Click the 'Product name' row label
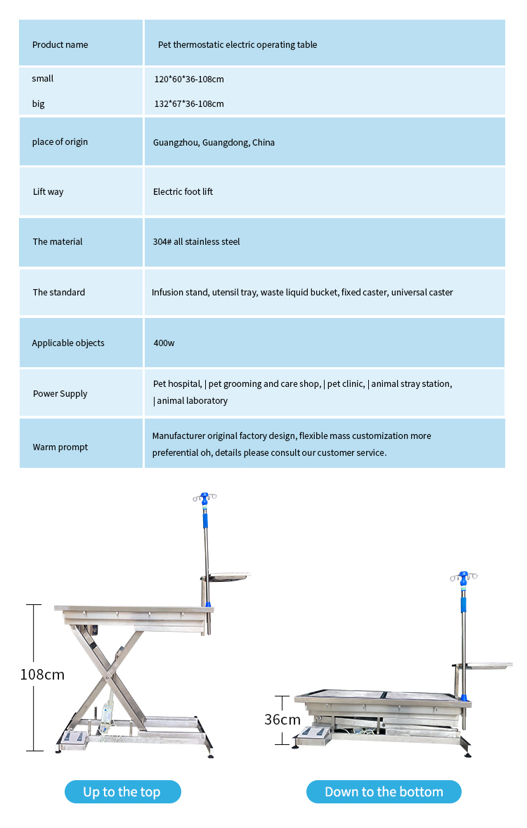click(60, 45)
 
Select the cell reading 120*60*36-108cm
click(189, 79)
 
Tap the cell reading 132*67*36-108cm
click(189, 104)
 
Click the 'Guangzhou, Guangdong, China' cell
click(214, 143)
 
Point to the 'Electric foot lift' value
click(183, 192)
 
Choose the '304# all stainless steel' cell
click(197, 242)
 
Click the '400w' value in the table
click(164, 343)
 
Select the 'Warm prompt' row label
click(60, 447)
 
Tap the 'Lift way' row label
click(48, 192)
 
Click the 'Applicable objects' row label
click(68, 343)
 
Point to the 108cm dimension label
click(42, 675)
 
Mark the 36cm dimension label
click(282, 720)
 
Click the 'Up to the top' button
click(122, 792)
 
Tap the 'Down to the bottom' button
click(384, 792)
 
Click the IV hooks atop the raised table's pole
click(204, 498)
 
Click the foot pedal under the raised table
click(73, 738)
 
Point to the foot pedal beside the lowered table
click(315, 735)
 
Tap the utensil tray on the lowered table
click(486, 664)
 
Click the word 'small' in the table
click(43, 79)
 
